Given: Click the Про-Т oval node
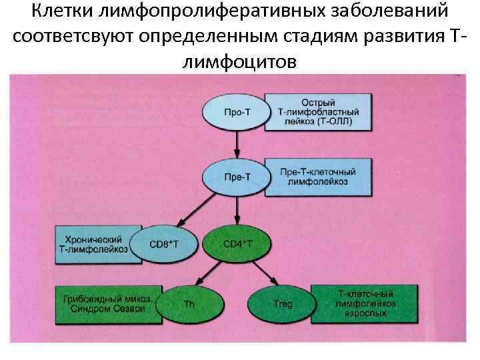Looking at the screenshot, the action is tap(235, 112).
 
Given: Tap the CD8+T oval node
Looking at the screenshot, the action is tap(164, 244).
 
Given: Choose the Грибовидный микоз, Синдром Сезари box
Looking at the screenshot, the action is tap(105, 304).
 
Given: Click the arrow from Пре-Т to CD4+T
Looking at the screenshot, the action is tap(237, 210).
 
